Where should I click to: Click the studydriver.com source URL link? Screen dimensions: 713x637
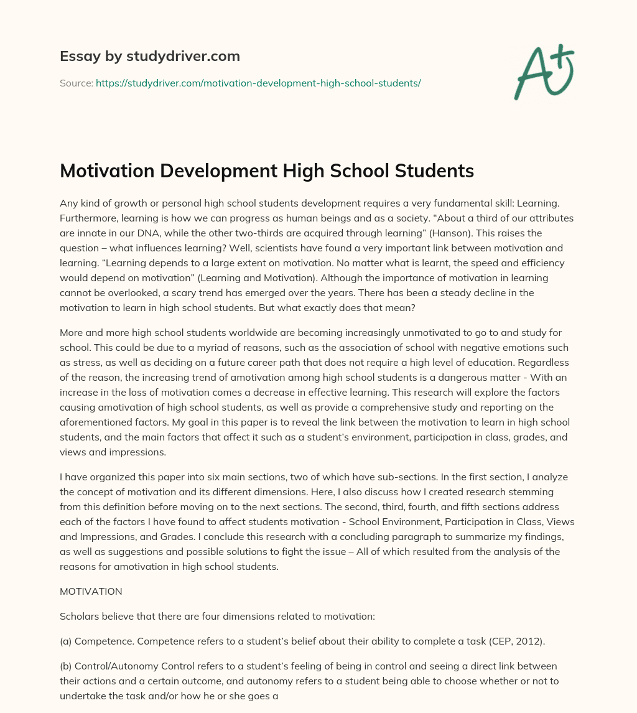[x=258, y=83]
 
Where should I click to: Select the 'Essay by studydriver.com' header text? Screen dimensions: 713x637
[x=150, y=56]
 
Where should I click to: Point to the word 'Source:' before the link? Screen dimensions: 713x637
[x=77, y=83]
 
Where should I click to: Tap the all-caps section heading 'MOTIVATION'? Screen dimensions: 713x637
[x=91, y=591]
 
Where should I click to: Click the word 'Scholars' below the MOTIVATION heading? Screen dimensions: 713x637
[x=79, y=617]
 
